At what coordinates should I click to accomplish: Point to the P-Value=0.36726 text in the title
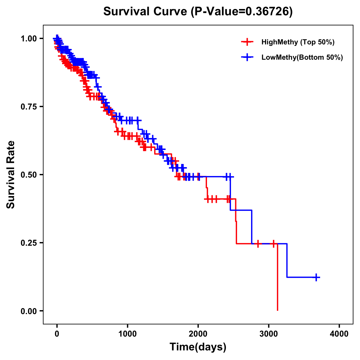242,11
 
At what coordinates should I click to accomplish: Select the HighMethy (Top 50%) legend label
298,42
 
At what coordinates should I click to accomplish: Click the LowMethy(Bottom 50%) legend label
302,57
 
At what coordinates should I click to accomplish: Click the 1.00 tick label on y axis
28,39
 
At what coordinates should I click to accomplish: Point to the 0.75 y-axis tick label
28,107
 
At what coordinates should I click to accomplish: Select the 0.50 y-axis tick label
28,175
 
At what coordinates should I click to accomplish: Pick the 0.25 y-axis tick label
28,243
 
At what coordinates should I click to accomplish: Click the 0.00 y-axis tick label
28,311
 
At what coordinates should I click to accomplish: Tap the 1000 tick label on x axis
127,334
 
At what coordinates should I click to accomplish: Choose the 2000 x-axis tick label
198,334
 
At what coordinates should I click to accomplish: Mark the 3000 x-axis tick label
269,334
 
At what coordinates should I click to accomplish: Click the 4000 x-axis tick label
339,334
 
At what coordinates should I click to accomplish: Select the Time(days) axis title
198,347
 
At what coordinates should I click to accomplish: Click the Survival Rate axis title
11,175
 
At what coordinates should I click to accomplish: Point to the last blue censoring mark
316,277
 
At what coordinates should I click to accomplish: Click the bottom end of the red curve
277,310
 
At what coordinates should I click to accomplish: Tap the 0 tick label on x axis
57,334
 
